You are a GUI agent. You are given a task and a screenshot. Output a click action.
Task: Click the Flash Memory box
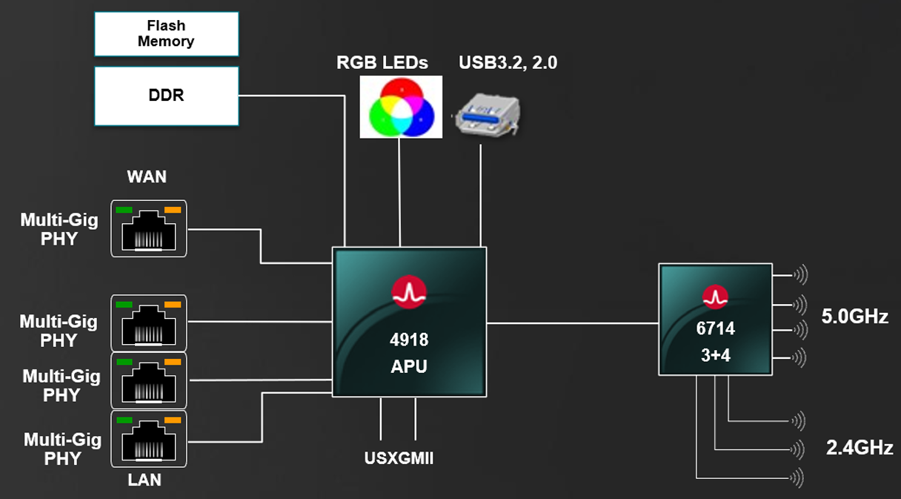tap(166, 34)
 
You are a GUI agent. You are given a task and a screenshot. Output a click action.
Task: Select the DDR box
tap(166, 96)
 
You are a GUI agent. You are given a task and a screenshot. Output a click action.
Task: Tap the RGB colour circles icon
tap(400, 107)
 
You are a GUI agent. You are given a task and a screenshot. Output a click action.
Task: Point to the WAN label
tap(147, 177)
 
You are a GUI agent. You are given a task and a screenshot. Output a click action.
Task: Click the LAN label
tap(144, 480)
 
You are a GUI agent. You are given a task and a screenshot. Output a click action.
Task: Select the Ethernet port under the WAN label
tap(149, 228)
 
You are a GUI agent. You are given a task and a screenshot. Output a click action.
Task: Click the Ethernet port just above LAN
tap(149, 439)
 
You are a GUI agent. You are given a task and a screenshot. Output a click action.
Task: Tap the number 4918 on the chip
tap(409, 340)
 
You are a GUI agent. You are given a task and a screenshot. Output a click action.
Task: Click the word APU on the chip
tap(409, 366)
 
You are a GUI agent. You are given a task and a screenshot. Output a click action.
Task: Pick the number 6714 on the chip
tap(716, 328)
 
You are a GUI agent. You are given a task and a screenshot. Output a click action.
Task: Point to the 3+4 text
tap(716, 355)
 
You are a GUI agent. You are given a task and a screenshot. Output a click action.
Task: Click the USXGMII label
tap(399, 458)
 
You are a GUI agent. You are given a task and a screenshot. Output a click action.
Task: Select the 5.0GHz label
tap(855, 317)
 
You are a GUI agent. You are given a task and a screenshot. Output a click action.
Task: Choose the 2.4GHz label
tap(860, 448)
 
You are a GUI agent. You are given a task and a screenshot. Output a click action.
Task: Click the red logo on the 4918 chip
tap(409, 293)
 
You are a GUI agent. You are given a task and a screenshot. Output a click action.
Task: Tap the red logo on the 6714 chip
tap(716, 297)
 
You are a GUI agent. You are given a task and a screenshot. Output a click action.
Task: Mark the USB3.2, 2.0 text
tap(508, 63)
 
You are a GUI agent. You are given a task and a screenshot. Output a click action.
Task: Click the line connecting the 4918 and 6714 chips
tap(572, 323)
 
